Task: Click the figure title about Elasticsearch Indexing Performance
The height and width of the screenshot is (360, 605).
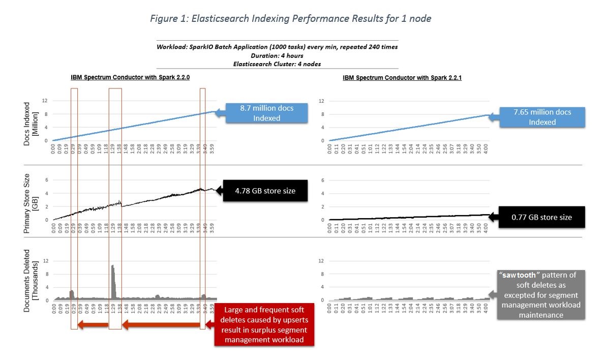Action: (x=291, y=19)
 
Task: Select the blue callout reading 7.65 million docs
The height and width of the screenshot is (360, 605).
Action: (x=542, y=117)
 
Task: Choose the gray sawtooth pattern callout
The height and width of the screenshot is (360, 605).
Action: (x=540, y=294)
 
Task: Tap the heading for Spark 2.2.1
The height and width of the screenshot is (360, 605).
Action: (x=403, y=78)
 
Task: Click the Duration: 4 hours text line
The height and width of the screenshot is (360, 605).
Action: (x=277, y=55)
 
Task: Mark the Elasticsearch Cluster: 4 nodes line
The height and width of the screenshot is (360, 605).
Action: (x=277, y=64)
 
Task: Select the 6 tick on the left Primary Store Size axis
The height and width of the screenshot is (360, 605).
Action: (x=46, y=179)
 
